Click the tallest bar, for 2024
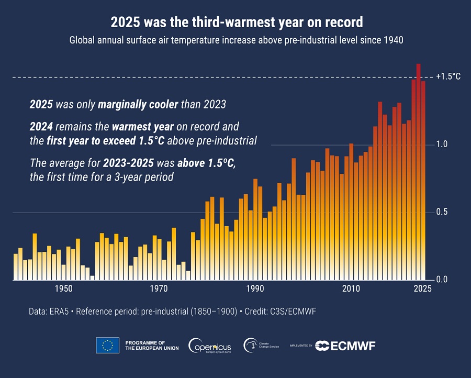[x=418, y=173]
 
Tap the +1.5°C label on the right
[x=448, y=76]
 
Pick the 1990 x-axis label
[x=255, y=288]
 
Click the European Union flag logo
[x=108, y=345]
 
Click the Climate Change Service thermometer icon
[x=251, y=345]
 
